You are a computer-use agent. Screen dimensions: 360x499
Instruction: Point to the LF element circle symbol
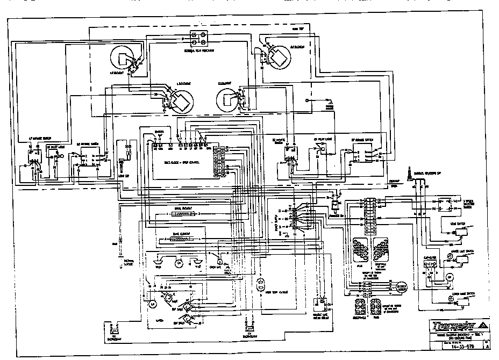(x=123, y=60)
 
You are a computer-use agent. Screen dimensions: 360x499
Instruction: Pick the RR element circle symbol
(x=229, y=98)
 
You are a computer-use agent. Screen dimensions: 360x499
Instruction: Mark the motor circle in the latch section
(x=152, y=304)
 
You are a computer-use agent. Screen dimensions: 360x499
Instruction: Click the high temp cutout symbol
(x=262, y=283)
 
